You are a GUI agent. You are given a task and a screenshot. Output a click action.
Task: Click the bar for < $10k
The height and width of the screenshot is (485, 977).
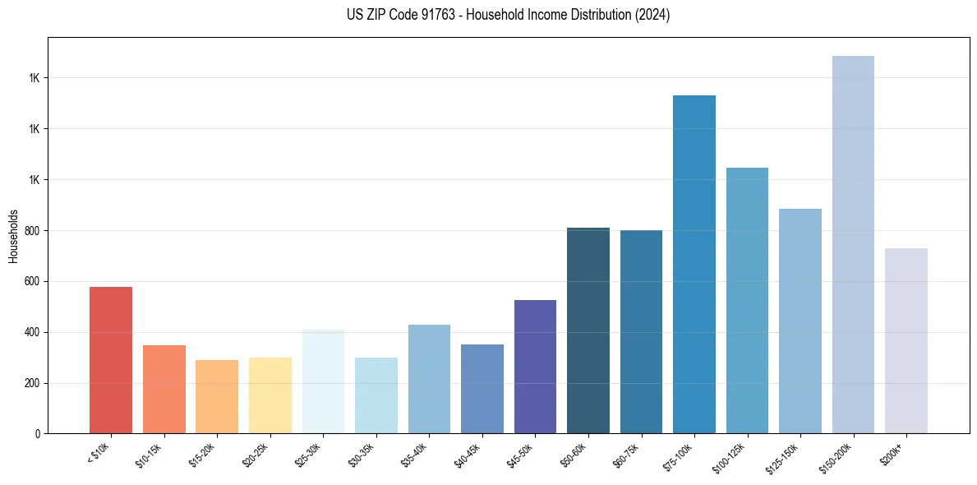tap(111, 360)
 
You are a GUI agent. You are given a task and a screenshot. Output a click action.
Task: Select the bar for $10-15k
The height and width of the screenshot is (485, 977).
tap(164, 389)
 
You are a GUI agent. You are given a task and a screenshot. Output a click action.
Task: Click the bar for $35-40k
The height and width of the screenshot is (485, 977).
tap(429, 379)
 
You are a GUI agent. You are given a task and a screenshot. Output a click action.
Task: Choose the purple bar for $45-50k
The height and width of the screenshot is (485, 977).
tap(535, 367)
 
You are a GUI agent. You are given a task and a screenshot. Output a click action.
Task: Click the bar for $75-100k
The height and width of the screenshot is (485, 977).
tap(694, 264)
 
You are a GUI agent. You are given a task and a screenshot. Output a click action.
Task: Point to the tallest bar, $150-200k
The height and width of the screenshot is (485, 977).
tap(853, 244)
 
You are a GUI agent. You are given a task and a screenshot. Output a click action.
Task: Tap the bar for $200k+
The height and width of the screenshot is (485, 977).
tap(906, 340)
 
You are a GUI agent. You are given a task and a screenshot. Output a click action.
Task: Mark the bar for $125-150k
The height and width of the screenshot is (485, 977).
tap(800, 321)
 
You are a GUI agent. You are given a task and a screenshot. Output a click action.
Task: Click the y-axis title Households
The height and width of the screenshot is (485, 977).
tap(13, 235)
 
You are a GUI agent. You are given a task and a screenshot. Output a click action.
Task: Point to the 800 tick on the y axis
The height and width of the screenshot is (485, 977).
tap(32, 231)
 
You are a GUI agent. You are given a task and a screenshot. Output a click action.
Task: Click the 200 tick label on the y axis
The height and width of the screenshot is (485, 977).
tap(32, 384)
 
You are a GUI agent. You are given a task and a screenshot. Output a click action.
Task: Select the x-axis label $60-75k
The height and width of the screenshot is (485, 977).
tap(630, 453)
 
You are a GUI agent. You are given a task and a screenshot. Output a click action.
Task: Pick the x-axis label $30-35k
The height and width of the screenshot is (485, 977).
tap(365, 453)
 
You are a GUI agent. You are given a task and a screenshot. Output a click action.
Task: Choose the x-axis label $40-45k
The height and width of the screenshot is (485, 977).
tap(471, 453)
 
